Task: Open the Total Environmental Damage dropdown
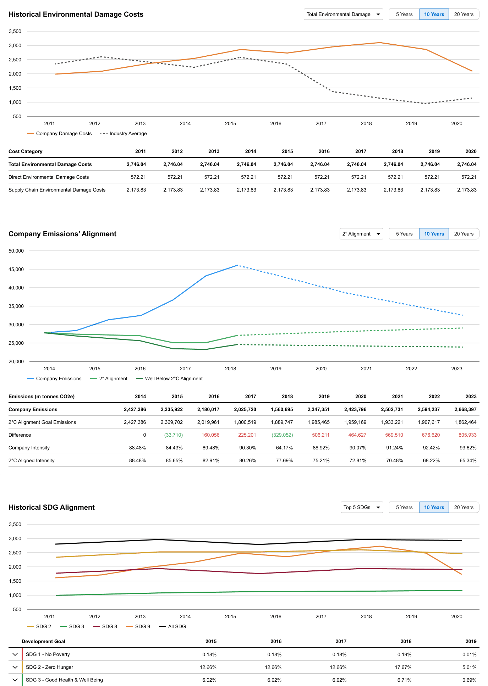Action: [x=343, y=14]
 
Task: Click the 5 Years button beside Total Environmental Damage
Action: [x=404, y=14]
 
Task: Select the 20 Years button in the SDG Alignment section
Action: [x=464, y=507]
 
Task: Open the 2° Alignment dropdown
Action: [x=361, y=234]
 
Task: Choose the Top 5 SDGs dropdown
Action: [x=362, y=507]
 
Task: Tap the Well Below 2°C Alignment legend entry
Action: [x=174, y=378]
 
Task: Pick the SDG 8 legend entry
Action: [x=109, y=626]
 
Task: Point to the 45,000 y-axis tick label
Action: [x=16, y=269]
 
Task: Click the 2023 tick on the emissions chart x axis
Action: [x=456, y=369]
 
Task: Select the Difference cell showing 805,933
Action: [x=467, y=435]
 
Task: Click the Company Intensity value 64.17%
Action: [x=284, y=448]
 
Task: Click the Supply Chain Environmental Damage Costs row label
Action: [x=57, y=190]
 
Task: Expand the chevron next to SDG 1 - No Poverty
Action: [x=15, y=654]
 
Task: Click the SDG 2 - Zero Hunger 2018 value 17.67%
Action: [x=403, y=667]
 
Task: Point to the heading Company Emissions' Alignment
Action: [x=62, y=234]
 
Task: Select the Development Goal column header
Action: [x=43, y=641]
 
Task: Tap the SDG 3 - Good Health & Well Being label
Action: [x=64, y=680]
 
